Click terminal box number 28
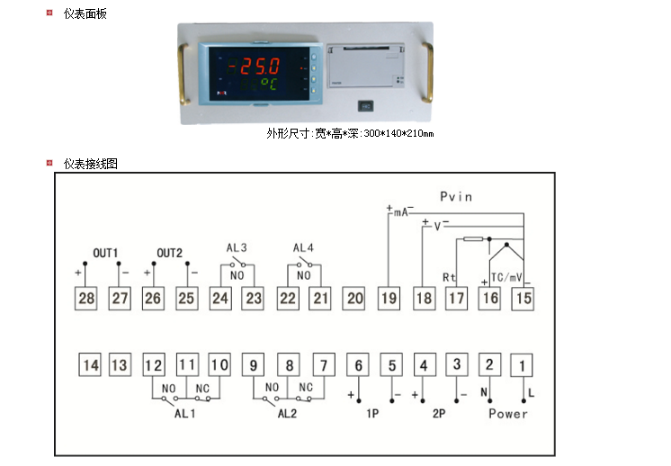(x=86, y=298)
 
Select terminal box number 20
(x=355, y=298)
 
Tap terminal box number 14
(x=90, y=365)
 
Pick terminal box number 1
(x=523, y=365)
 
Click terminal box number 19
(x=389, y=298)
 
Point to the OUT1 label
(x=106, y=253)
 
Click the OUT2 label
(x=170, y=253)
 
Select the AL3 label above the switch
(x=237, y=247)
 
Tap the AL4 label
(x=303, y=247)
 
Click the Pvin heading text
(x=456, y=196)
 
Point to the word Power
(x=508, y=414)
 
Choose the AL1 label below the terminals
(x=184, y=414)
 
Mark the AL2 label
(x=287, y=414)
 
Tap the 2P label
(x=439, y=414)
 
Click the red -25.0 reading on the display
(x=254, y=67)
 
